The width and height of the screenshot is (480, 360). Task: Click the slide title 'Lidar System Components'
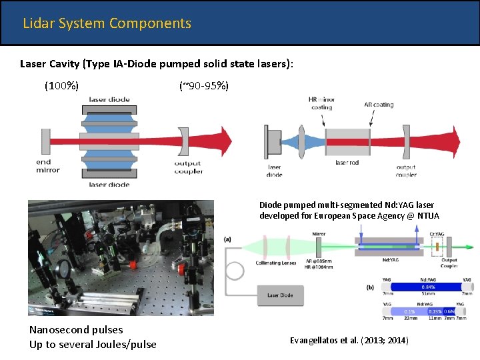pyautogui.click(x=107, y=23)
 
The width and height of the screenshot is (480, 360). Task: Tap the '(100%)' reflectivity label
pyautogui.click(x=61, y=85)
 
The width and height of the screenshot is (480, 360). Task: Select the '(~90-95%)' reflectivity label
pyautogui.click(x=203, y=85)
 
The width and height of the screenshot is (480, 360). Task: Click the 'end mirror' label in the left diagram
pyautogui.click(x=48, y=166)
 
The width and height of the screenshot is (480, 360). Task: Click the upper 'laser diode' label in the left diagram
pyautogui.click(x=109, y=100)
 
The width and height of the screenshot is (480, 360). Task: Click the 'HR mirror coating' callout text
pyautogui.click(x=321, y=103)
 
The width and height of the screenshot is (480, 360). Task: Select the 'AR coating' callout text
pyautogui.click(x=379, y=105)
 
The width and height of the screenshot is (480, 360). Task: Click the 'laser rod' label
pyautogui.click(x=347, y=163)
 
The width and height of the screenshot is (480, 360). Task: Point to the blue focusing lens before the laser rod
pyautogui.click(x=302, y=141)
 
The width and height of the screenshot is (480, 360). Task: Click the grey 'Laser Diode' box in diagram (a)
pyautogui.click(x=279, y=295)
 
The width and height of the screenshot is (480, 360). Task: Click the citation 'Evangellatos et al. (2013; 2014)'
pyautogui.click(x=349, y=341)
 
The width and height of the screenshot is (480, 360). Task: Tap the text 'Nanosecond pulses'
pyautogui.click(x=76, y=330)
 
